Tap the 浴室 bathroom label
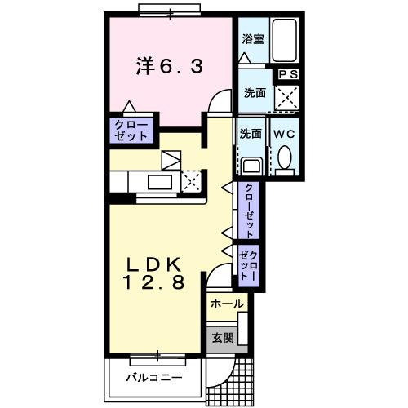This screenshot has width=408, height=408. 252,39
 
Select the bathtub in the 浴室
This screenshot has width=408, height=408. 285,41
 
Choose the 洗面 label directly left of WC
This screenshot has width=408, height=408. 250,134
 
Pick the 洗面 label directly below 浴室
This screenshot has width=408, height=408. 253,93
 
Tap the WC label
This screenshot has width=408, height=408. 285,134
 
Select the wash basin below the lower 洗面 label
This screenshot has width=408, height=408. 251,164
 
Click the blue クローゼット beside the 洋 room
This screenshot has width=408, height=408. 131,131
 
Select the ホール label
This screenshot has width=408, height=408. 226,304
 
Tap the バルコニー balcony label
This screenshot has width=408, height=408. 154,379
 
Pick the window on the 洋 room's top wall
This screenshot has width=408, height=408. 170,11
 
